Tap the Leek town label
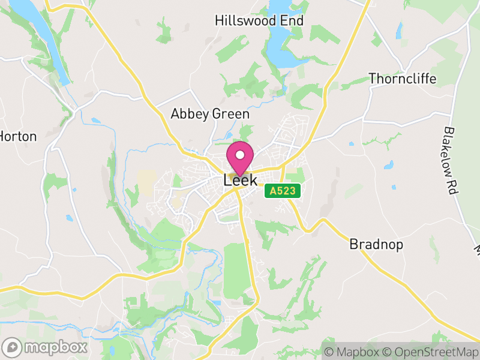click(x=240, y=180)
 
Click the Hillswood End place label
click(x=259, y=21)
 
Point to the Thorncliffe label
click(x=402, y=79)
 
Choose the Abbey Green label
click(x=210, y=114)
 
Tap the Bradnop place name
click(x=376, y=245)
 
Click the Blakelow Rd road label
click(x=451, y=159)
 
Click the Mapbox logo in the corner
click(x=45, y=347)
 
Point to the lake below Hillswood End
click(x=282, y=51)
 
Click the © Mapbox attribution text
click(x=353, y=352)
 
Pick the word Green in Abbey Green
click(x=231, y=114)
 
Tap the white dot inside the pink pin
click(x=240, y=155)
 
